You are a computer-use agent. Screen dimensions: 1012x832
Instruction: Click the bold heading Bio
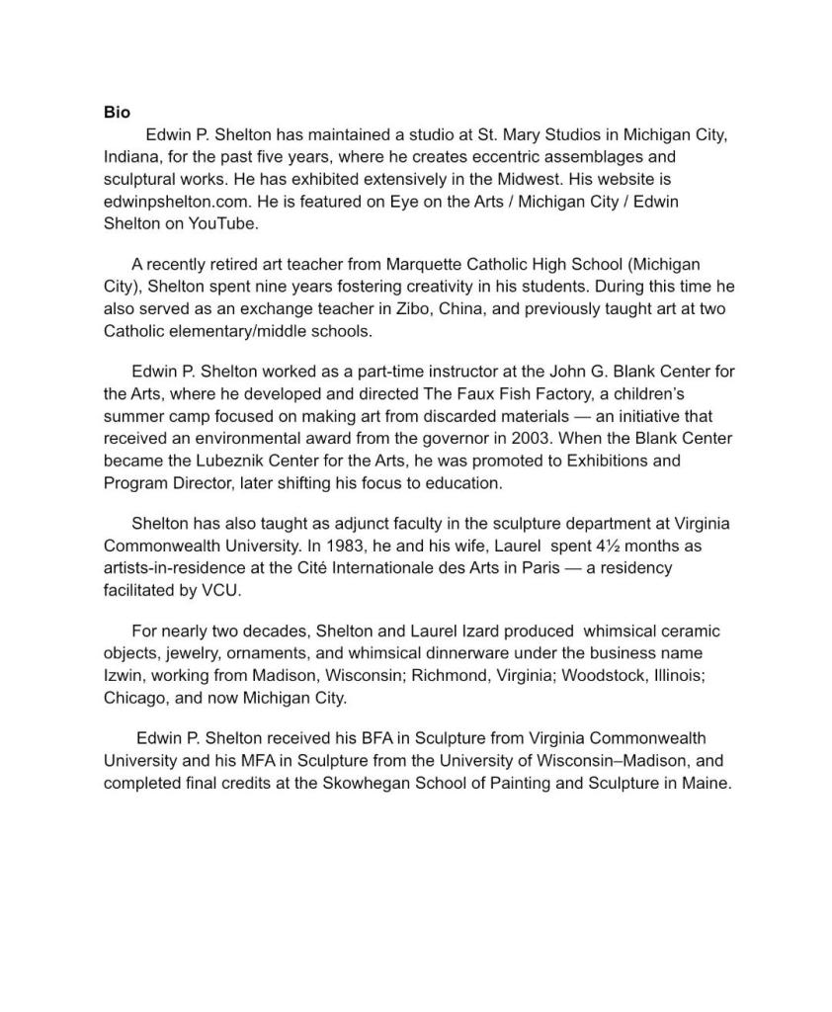(x=117, y=113)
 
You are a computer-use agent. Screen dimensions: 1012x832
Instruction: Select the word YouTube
(x=226, y=223)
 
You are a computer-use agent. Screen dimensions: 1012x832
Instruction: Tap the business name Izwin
(x=125, y=676)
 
